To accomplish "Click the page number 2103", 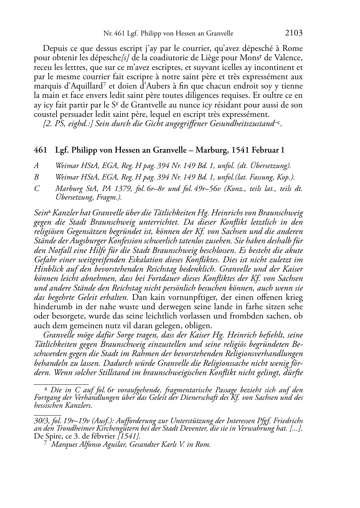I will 294,33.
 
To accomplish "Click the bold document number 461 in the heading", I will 40,150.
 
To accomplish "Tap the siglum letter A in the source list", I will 36,166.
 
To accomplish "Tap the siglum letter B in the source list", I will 36,177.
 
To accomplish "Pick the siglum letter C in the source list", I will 37,188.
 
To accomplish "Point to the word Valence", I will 289,58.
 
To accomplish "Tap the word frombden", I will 254,316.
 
